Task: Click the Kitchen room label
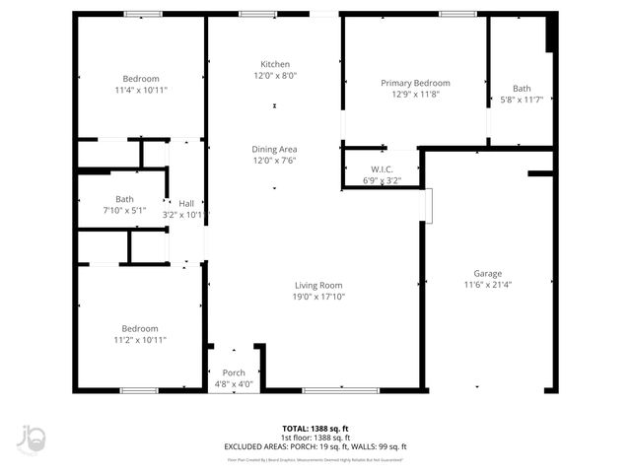pos(274,64)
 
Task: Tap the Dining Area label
pos(274,149)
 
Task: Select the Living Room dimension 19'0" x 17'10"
pos(318,297)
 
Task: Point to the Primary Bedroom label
pos(415,83)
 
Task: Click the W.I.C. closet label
pos(383,169)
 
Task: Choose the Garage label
pos(487,273)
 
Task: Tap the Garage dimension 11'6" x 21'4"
pos(487,285)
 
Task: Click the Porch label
pos(234,372)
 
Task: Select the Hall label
pos(185,203)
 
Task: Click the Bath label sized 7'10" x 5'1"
pos(124,198)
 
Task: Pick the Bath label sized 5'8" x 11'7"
pos(521,88)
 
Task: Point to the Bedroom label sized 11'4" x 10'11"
pos(140,79)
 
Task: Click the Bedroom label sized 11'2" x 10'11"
pos(140,328)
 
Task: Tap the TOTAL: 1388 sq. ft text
pos(315,429)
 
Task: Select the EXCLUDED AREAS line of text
pos(315,445)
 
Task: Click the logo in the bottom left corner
pos(32,439)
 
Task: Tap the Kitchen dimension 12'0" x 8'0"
pos(274,76)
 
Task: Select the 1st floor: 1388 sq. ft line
pos(315,438)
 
